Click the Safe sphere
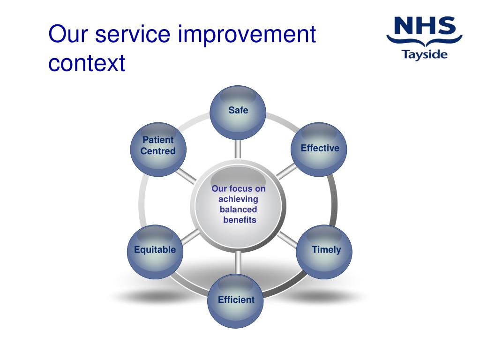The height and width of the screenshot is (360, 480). tap(238, 112)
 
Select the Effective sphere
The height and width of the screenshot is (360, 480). tap(319, 150)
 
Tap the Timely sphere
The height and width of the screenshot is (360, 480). tap(324, 252)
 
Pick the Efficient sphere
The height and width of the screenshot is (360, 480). tap(235, 301)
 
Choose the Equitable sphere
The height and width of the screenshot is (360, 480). tap(155, 252)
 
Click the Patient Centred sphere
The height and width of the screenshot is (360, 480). tap(158, 150)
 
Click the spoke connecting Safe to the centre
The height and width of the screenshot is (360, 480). tap(238, 150)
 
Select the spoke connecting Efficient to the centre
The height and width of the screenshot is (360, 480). tap(238, 262)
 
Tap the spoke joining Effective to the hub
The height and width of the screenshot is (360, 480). tap(286, 171)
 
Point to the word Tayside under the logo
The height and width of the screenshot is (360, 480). tap(425, 55)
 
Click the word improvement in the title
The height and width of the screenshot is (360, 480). tap(247, 34)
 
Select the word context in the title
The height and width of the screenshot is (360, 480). tap(87, 63)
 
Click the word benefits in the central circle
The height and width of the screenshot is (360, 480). tap(240, 220)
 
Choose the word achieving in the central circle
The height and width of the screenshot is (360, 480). tap(238, 199)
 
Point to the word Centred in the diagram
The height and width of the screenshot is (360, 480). tap(158, 151)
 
